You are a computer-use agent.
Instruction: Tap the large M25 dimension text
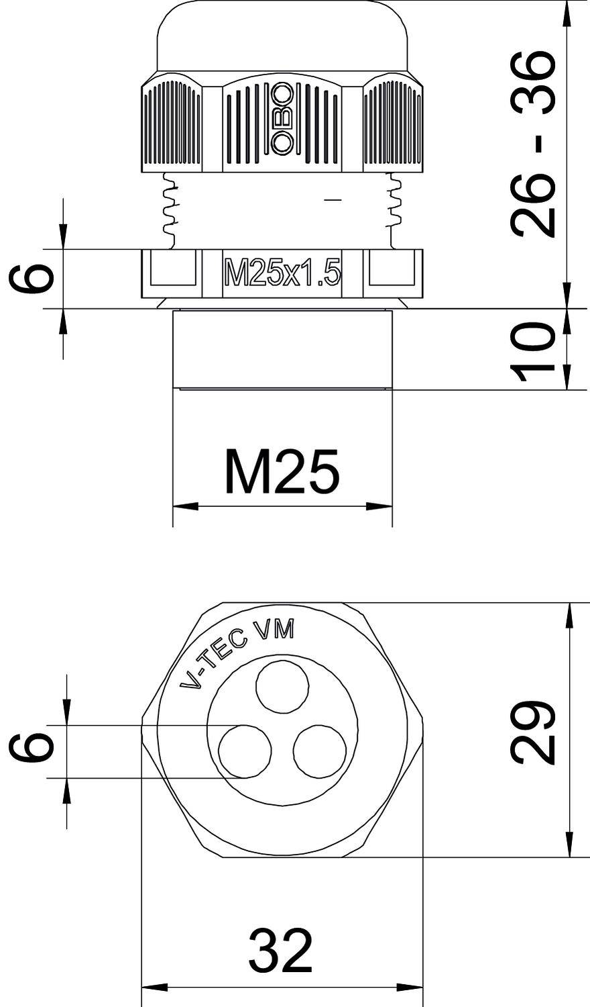(x=282, y=471)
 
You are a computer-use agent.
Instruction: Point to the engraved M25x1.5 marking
(x=282, y=275)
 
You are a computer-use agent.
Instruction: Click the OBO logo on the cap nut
(x=282, y=118)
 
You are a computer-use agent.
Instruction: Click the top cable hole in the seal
(x=282, y=686)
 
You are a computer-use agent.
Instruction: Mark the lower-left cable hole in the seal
(x=245, y=751)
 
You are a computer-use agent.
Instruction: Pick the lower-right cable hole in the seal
(x=320, y=751)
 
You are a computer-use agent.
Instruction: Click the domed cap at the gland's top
(x=282, y=37)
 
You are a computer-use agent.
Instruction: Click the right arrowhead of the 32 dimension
(x=410, y=987)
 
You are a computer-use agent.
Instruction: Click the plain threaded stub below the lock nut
(x=282, y=349)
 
